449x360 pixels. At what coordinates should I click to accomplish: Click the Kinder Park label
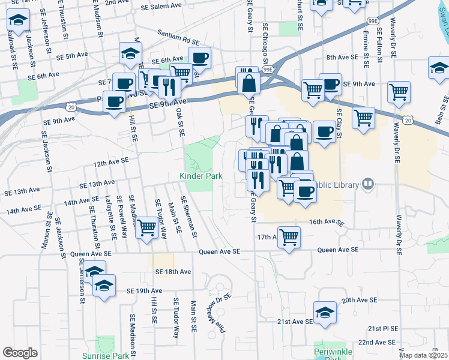(201, 176)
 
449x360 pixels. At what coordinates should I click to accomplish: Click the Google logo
(20, 353)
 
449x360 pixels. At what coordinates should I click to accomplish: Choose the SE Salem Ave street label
(161, 7)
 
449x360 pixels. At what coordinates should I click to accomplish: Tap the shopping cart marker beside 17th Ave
(289, 236)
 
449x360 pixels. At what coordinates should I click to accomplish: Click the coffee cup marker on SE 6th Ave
(200, 58)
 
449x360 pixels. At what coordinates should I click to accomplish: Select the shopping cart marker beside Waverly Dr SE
(399, 92)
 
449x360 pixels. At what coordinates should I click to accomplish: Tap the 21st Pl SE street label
(383, 329)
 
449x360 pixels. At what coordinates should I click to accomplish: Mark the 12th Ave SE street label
(111, 161)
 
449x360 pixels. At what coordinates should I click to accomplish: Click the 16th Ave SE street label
(327, 222)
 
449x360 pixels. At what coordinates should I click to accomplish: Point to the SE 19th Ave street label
(145, 290)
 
